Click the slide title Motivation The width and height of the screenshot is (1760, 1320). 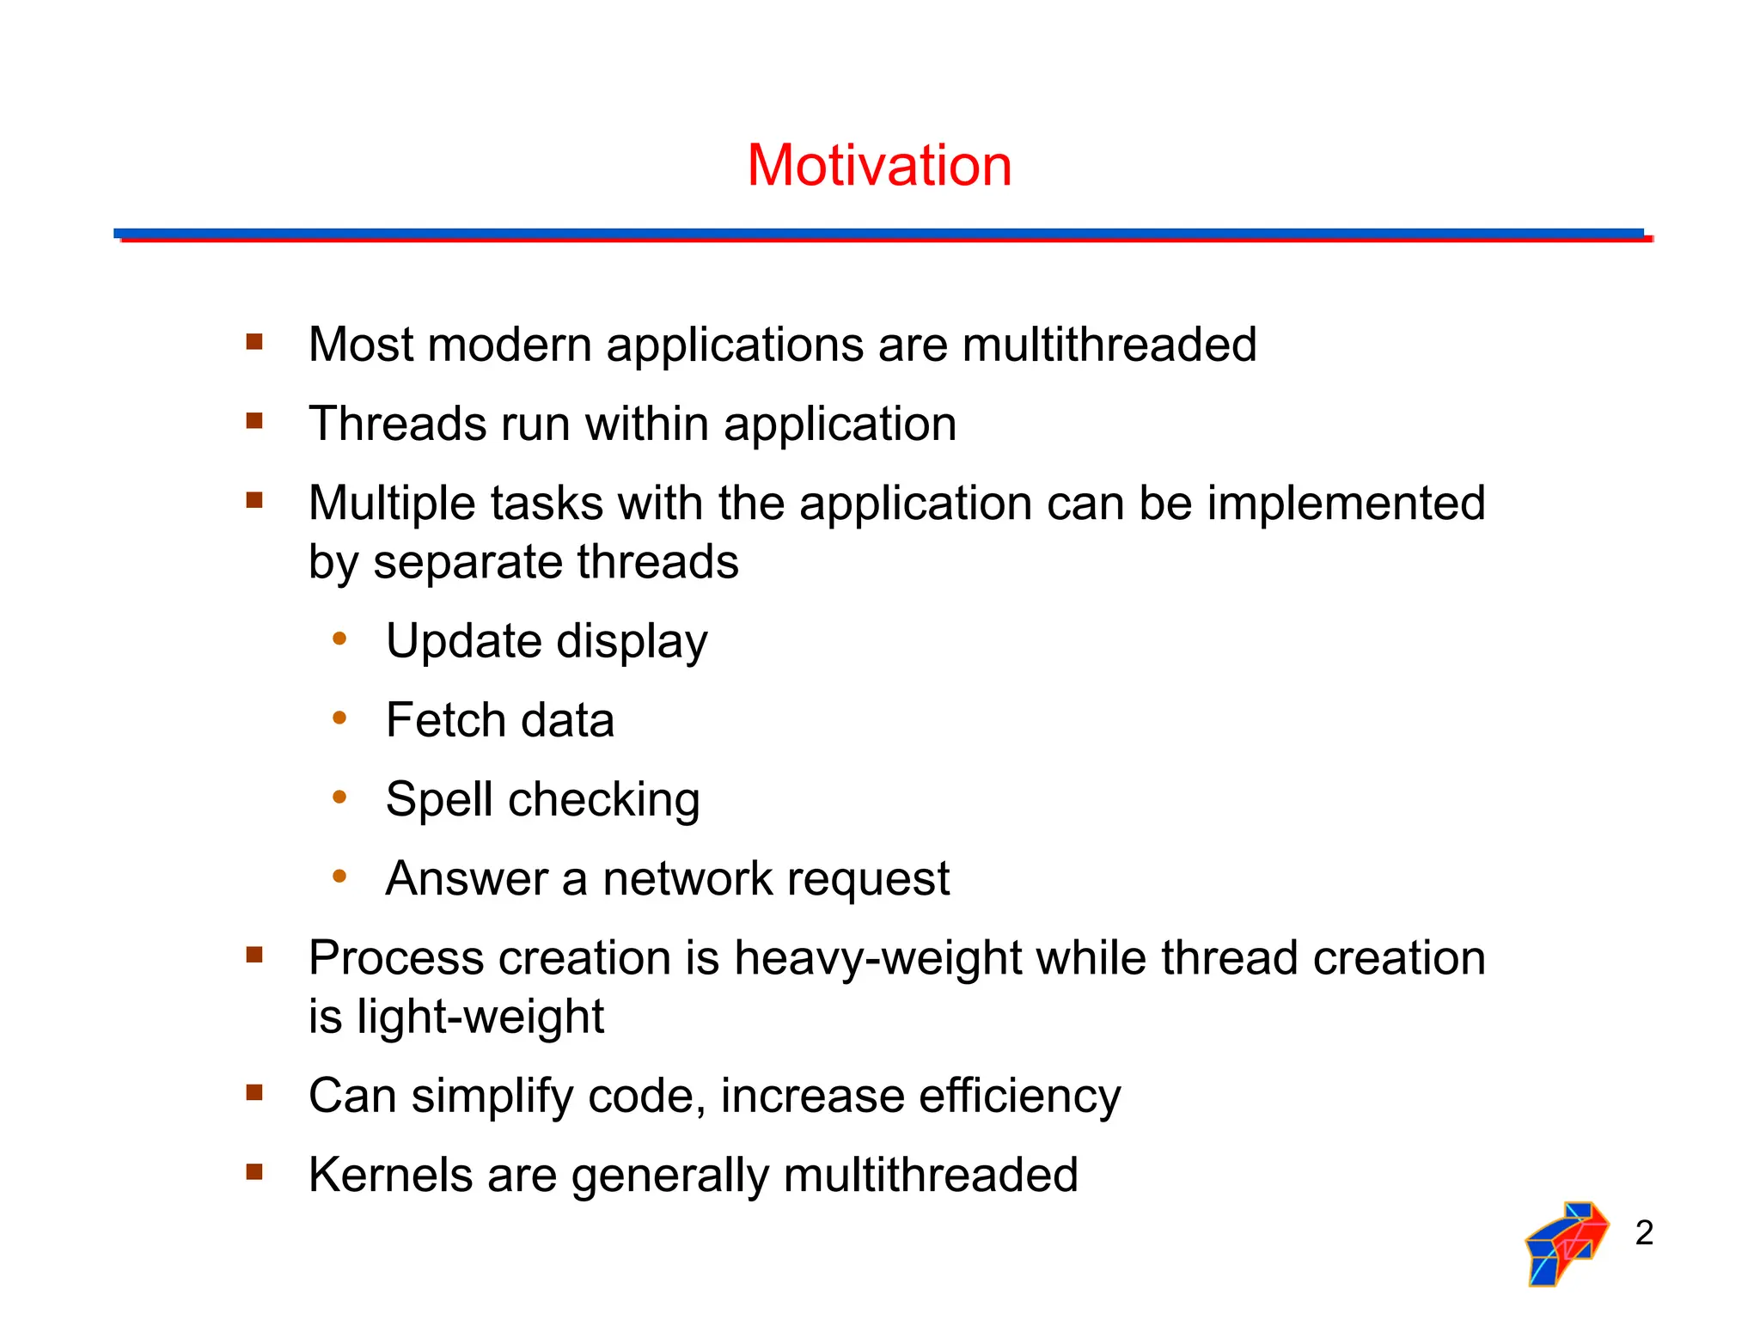point(879,165)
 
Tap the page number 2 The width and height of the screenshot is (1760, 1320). point(1644,1232)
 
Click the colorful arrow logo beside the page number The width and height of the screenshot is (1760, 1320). point(1566,1243)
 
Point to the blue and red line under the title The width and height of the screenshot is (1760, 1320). point(883,235)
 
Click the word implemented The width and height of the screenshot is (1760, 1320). point(1346,504)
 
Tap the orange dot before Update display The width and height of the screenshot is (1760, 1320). point(339,639)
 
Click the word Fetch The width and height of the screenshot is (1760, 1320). point(445,720)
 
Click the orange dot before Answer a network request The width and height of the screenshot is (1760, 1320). point(339,877)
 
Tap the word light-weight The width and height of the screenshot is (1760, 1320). point(480,1017)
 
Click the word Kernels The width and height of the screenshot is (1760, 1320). point(390,1176)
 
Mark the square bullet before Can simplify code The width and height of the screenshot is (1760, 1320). point(254,1093)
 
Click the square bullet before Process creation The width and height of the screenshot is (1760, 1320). point(254,955)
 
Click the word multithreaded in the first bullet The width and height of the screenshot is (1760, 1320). point(1109,345)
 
